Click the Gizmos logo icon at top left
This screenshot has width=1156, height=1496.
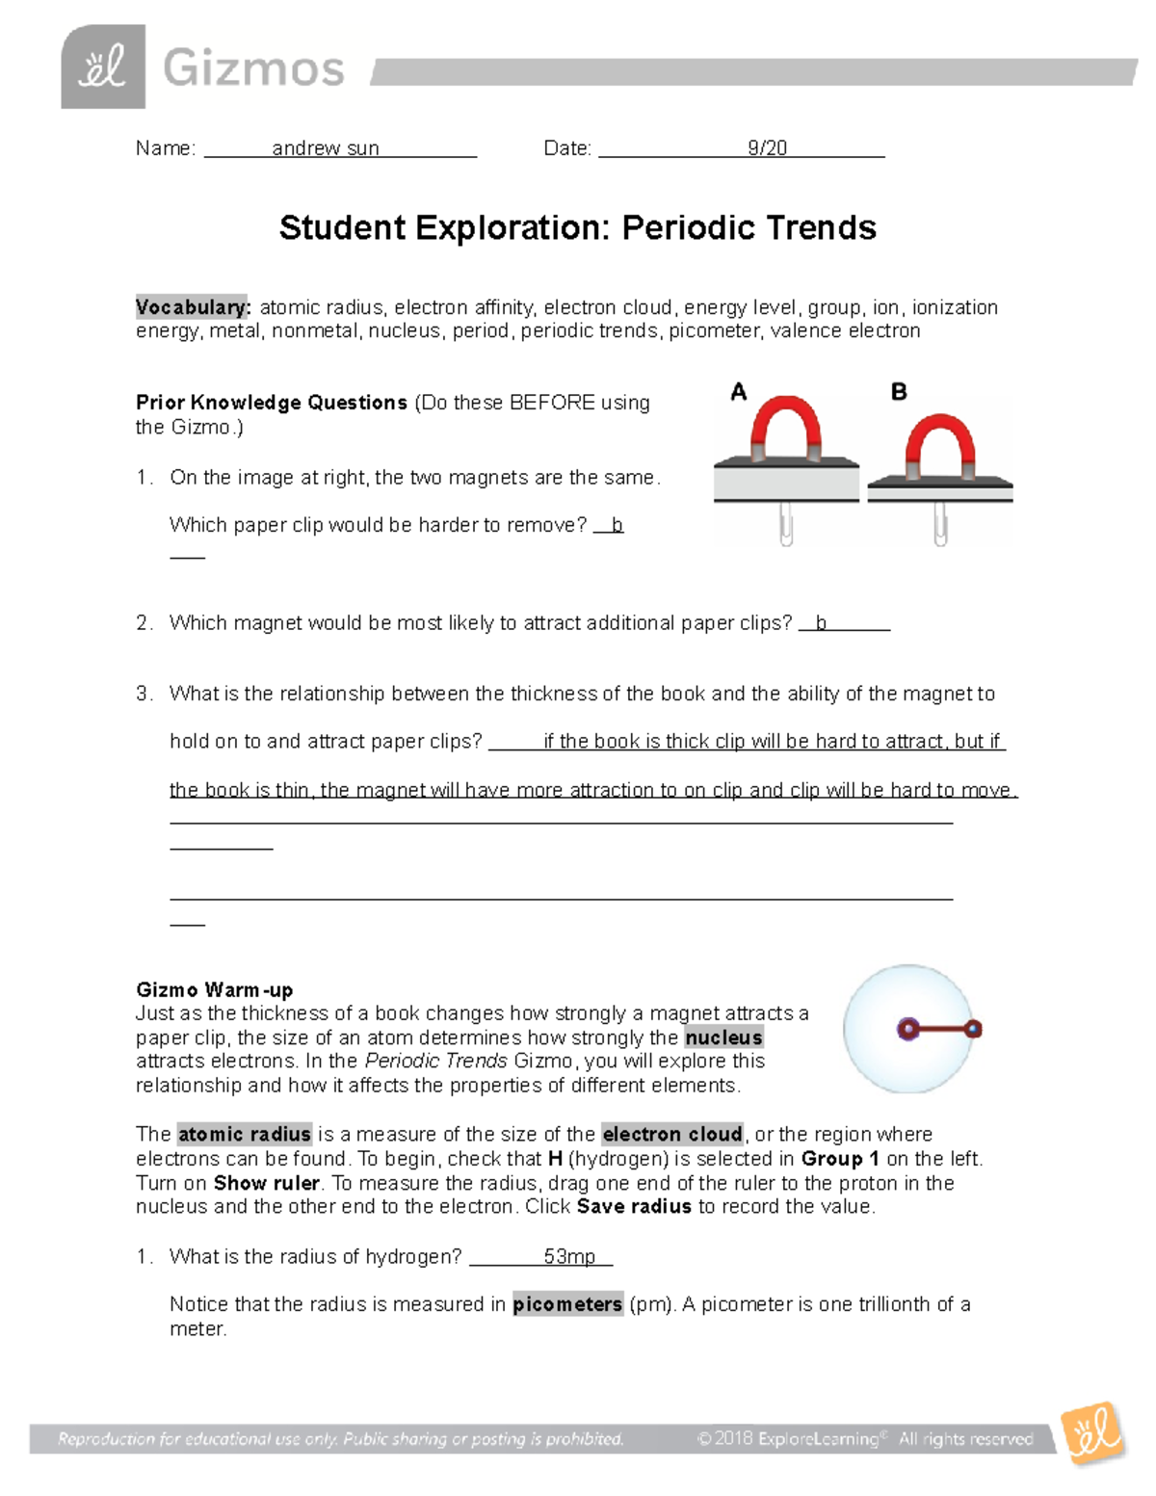[x=103, y=67]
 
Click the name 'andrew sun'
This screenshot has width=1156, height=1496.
[x=326, y=148]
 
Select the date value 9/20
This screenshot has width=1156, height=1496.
[x=767, y=148]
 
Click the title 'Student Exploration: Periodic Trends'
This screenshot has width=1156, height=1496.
[x=577, y=228]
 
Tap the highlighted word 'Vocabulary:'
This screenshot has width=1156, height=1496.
[x=193, y=307]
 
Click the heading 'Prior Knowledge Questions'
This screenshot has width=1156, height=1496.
[x=272, y=403]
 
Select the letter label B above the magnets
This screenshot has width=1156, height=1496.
[x=899, y=392]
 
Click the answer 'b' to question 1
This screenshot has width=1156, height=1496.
[x=617, y=525]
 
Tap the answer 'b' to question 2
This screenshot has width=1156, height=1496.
[x=821, y=623]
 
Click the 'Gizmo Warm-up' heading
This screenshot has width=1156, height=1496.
[x=215, y=990]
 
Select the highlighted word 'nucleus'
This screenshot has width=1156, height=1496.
[x=723, y=1037]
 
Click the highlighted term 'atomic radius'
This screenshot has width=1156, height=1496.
[x=245, y=1134]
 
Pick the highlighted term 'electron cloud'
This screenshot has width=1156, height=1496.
[x=672, y=1134]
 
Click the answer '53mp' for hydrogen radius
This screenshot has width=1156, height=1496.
[x=569, y=1257]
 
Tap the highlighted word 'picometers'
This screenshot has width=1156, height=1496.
[x=567, y=1304]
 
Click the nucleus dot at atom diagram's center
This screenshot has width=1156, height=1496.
[x=906, y=1029]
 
